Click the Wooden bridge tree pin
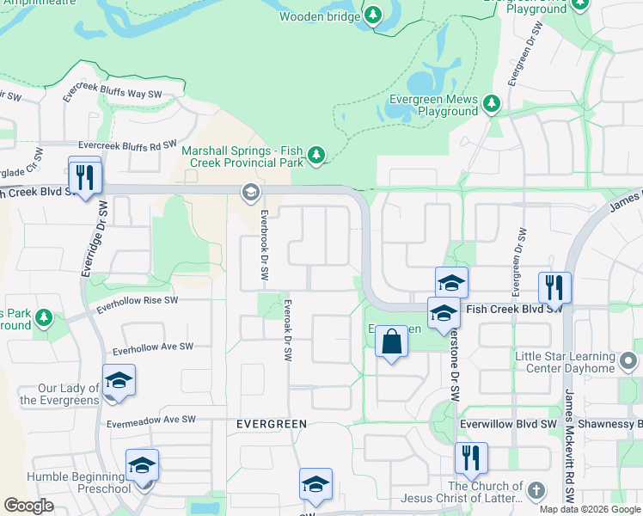[373, 15]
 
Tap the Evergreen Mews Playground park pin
[491, 104]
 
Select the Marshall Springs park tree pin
[317, 154]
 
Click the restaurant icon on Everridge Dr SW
[85, 177]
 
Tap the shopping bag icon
[391, 341]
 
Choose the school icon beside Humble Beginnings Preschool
[142, 465]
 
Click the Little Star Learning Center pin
[628, 362]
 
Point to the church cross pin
[536, 492]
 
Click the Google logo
[29, 506]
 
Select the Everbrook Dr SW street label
[265, 249]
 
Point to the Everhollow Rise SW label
[138, 301]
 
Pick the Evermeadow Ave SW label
[151, 421]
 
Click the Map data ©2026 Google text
[588, 509]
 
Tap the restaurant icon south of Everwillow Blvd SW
[470, 458]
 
